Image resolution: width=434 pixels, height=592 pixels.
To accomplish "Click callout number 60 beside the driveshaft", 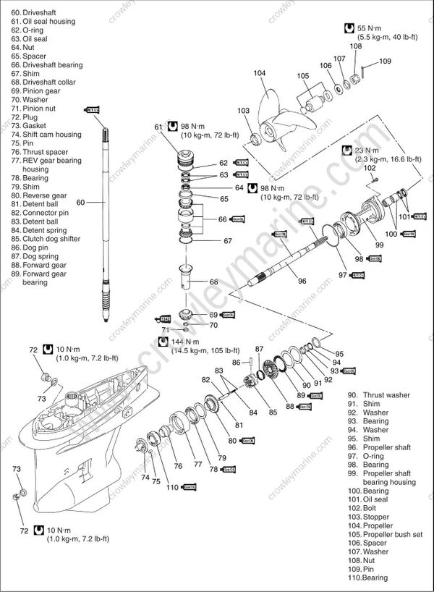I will (80, 202).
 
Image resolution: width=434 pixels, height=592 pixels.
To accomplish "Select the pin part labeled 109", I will (367, 71).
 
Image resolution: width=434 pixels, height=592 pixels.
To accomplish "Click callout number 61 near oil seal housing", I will (159, 127).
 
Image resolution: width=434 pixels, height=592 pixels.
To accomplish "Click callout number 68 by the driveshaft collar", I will (214, 282).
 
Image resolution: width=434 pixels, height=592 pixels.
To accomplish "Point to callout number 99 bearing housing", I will (379, 245).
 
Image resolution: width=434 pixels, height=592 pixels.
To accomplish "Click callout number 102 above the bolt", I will (370, 168).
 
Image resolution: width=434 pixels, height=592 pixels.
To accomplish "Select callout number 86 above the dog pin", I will (236, 362).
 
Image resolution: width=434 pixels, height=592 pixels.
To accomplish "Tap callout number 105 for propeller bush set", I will (303, 76).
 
